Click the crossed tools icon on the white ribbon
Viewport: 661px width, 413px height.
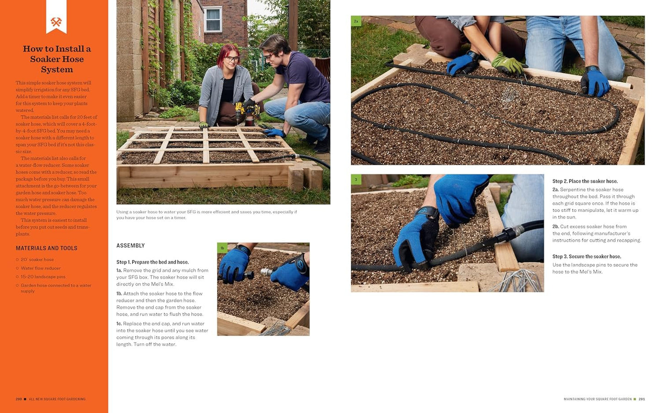(56, 22)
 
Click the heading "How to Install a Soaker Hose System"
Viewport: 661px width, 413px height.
(57, 59)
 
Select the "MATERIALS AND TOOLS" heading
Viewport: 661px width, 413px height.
(47, 248)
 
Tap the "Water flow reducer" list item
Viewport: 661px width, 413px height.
(41, 268)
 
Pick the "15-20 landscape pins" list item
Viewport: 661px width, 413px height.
(43, 277)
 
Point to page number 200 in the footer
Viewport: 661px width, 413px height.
(19, 399)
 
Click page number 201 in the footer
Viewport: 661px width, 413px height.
(642, 399)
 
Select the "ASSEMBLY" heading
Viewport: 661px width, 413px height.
(130, 246)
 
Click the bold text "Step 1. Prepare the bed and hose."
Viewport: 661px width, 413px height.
(152, 262)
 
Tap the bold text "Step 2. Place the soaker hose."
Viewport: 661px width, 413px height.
(585, 181)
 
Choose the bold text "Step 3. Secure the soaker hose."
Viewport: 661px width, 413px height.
(586, 257)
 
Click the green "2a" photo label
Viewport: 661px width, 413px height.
(356, 21)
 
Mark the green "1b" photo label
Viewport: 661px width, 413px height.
(222, 248)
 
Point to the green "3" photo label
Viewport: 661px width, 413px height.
(356, 180)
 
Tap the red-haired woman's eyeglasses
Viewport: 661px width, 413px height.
(232, 58)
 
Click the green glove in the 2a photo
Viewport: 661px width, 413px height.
(508, 64)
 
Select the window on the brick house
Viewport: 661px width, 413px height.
(213, 20)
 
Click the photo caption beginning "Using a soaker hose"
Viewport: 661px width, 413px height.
(206, 215)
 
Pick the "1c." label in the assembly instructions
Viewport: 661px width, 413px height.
(119, 324)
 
